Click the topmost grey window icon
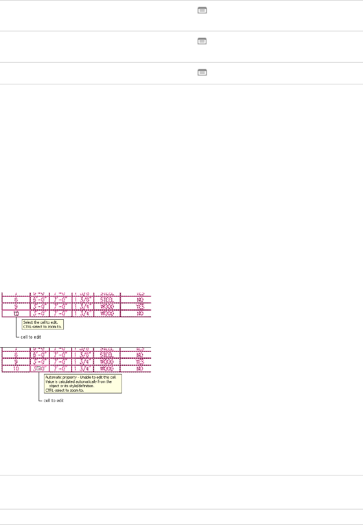point(202,11)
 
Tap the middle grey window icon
point(202,41)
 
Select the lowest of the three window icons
point(202,72)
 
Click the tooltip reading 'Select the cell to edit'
point(44,324)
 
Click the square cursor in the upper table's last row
point(16,314)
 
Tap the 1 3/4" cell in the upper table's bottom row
point(84,313)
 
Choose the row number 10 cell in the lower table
point(16,369)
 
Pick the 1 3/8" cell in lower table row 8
point(84,355)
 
